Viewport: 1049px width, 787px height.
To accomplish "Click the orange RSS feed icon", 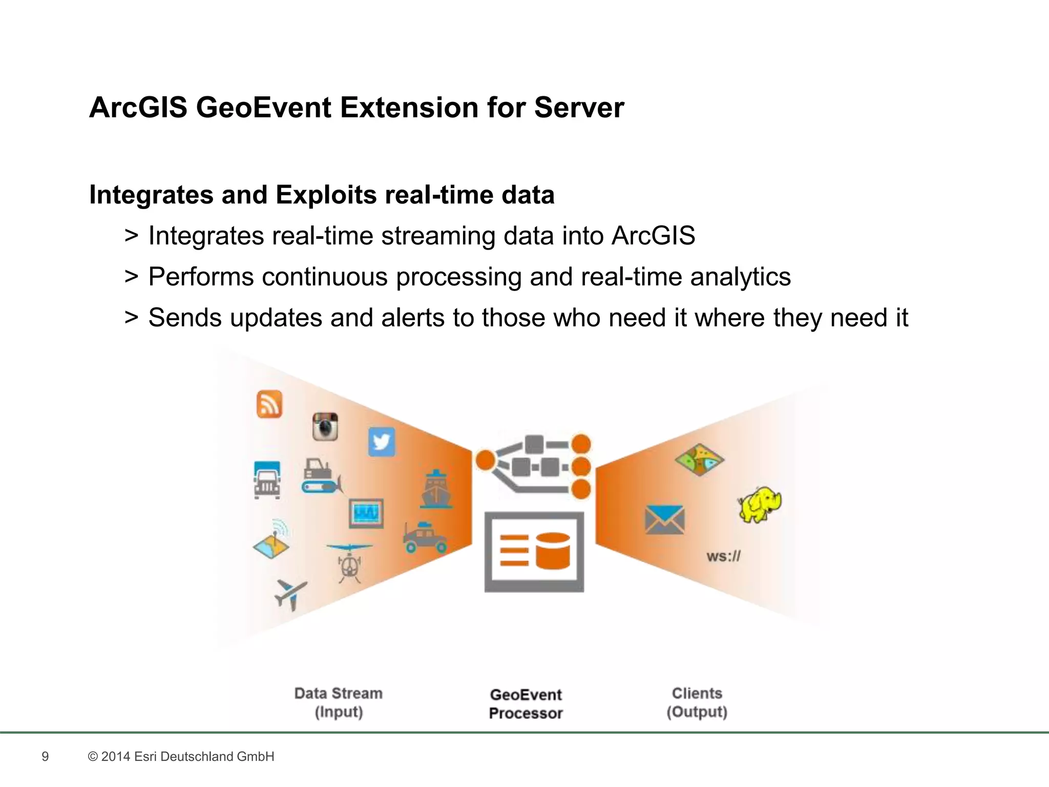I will pyautogui.click(x=269, y=404).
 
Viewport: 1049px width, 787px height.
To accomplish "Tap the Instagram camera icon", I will pyautogui.click(x=325, y=426).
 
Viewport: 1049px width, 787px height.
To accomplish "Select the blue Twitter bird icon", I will pyautogui.click(x=382, y=441).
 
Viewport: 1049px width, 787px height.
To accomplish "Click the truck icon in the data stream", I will pyautogui.click(x=267, y=480).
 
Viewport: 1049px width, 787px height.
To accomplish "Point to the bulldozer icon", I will pyautogui.click(x=320, y=477).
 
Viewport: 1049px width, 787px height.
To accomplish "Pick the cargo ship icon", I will pyautogui.click(x=436, y=489).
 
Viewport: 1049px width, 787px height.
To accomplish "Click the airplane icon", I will pyautogui.click(x=290, y=594).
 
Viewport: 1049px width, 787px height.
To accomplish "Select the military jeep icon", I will pyautogui.click(x=425, y=537).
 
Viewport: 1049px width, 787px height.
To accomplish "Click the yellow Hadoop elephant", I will pyautogui.click(x=760, y=505).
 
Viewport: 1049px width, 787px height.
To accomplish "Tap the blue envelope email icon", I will pyautogui.click(x=664, y=520).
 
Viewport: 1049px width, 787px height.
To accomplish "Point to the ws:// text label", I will pyautogui.click(x=723, y=556).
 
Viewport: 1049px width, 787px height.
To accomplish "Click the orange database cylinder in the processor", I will pyautogui.click(x=553, y=551).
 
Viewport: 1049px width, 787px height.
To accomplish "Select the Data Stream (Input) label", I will pyautogui.click(x=339, y=702).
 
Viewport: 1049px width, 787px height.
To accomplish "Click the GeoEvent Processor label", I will pyautogui.click(x=526, y=703).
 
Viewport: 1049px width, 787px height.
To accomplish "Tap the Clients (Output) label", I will pyautogui.click(x=697, y=702).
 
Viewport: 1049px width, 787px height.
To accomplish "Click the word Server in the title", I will pyautogui.click(x=579, y=108).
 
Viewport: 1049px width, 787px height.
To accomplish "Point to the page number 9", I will pyautogui.click(x=45, y=756).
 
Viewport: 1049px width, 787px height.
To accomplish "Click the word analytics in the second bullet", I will pyautogui.click(x=740, y=277).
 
